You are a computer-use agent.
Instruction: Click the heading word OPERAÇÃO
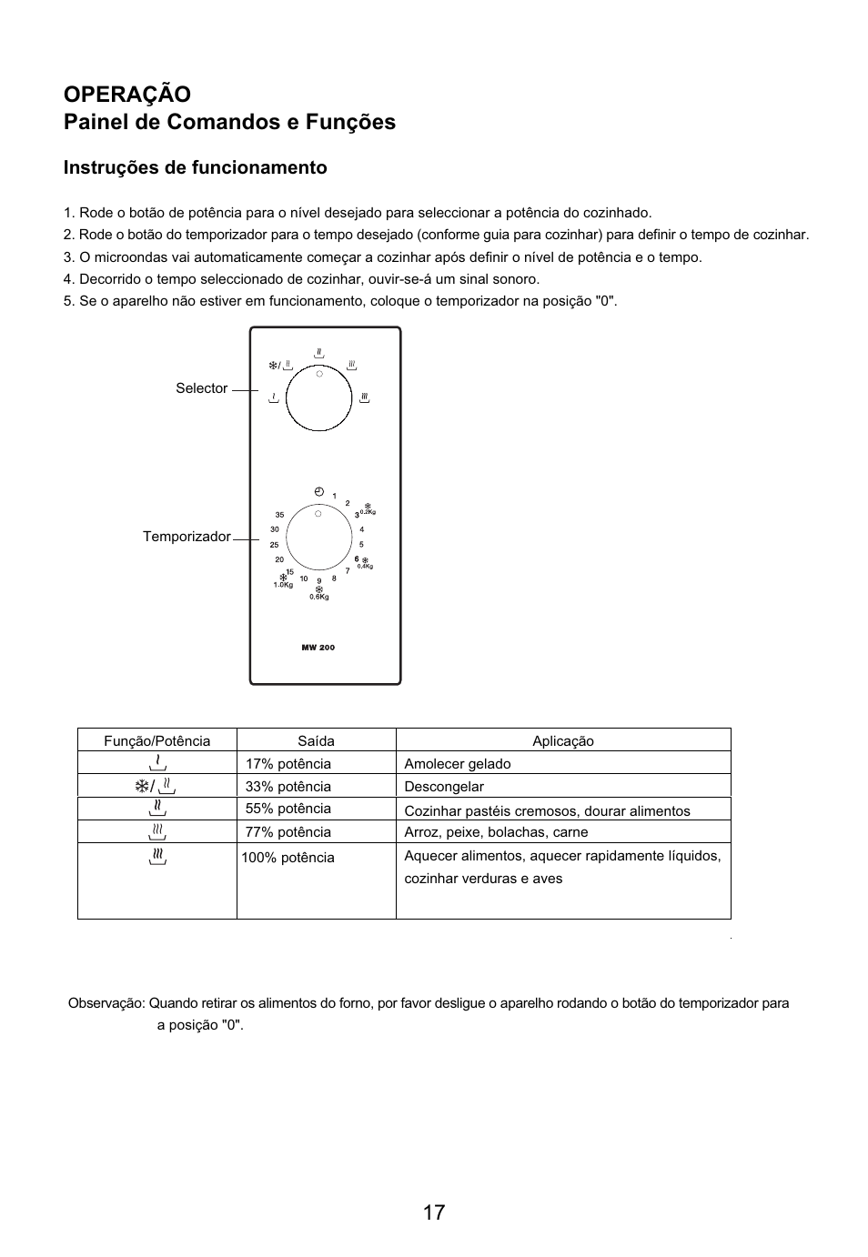pos(127,94)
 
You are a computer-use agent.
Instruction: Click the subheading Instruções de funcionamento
pos(195,167)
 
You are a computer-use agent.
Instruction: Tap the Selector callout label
pos(201,388)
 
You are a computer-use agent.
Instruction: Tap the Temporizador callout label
pos(187,537)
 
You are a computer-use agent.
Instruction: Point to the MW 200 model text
pos(318,648)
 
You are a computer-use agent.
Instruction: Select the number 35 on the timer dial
pos(279,515)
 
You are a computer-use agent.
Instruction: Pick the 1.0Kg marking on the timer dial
pos(283,585)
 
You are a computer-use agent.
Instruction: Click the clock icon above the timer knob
pos(318,492)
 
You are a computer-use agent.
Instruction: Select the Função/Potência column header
pos(156,740)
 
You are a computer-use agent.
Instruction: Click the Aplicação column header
pos(563,740)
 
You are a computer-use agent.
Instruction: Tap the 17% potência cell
pos(288,764)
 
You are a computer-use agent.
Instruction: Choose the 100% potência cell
pos(288,858)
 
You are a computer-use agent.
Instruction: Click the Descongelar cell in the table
pos(444,787)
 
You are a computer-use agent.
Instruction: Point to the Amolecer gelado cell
pos(458,764)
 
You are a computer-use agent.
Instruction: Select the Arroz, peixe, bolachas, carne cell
pos(496,832)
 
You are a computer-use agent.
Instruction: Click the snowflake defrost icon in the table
pos(142,786)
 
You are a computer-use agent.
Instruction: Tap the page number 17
pos(434,1212)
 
